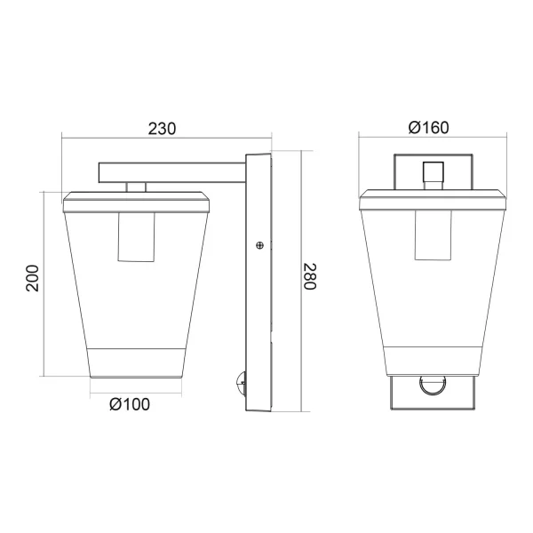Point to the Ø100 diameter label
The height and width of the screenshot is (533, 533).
[x=130, y=404]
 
